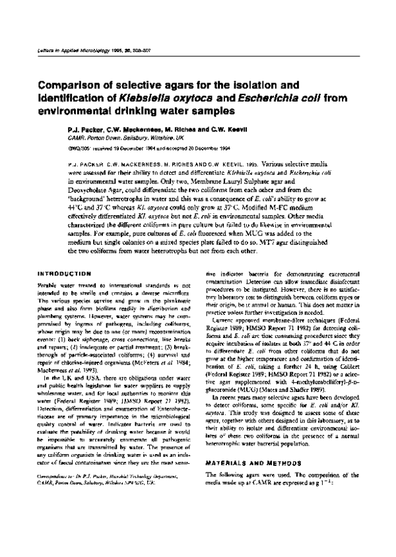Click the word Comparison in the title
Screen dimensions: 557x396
click(71, 84)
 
